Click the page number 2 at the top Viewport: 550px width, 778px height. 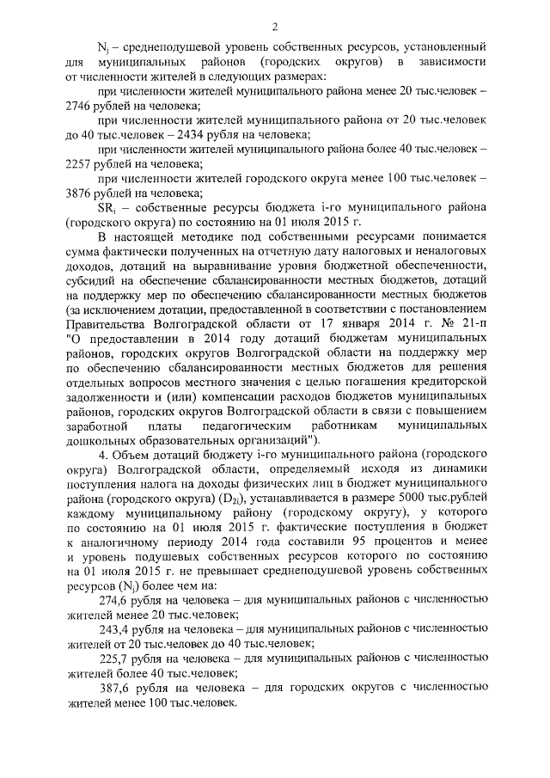[275, 26]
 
